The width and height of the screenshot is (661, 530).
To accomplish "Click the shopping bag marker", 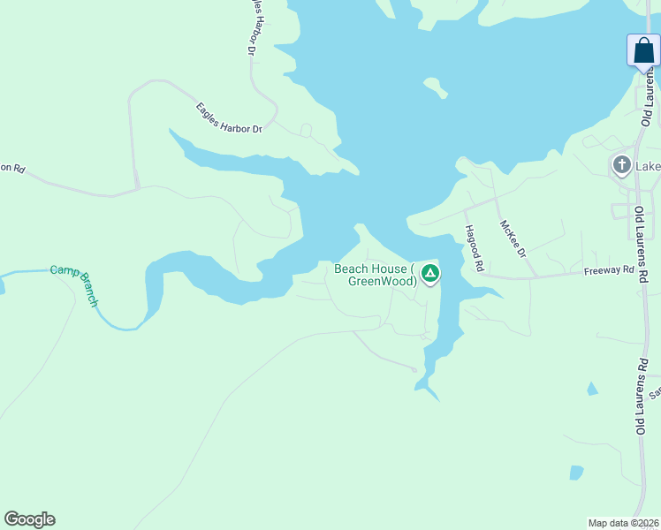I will (643, 50).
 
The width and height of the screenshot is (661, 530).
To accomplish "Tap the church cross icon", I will (622, 165).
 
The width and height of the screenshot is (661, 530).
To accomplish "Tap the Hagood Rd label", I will (475, 247).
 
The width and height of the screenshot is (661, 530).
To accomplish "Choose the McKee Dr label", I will (513, 238).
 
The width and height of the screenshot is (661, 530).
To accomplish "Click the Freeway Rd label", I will (609, 270).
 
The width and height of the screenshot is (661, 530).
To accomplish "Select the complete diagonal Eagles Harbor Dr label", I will (230, 118).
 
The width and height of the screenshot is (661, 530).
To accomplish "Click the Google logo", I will (29, 519).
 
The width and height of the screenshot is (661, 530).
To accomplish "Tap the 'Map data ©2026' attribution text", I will (624, 523).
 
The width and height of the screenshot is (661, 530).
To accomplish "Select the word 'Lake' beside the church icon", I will (648, 166).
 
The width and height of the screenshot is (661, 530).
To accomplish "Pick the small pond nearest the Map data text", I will (576, 472).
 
